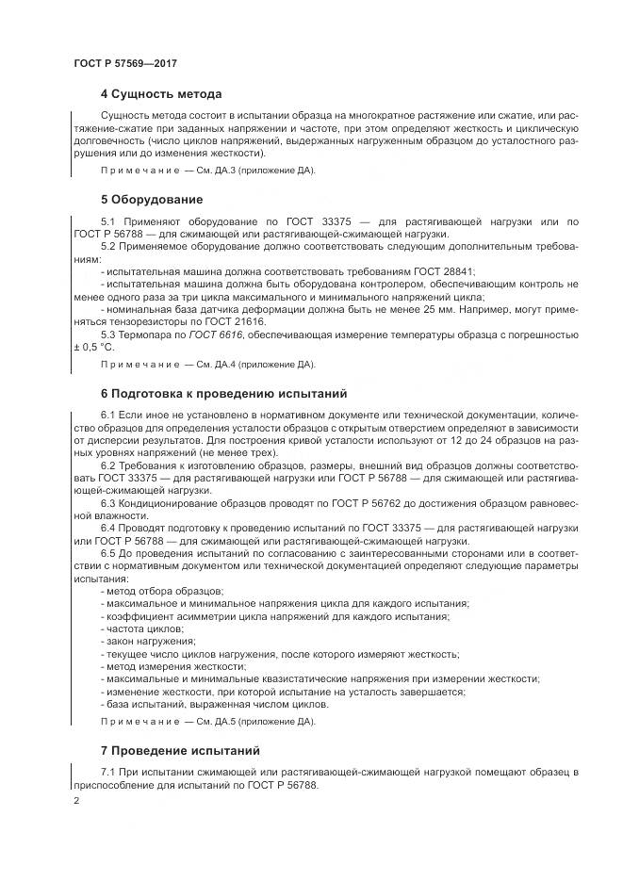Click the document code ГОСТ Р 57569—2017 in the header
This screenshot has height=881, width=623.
pos(124,62)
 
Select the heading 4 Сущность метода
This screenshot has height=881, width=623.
pos(160,94)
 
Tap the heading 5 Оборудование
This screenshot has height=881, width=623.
pos(151,200)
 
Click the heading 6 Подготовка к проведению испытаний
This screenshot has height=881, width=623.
pos(224,393)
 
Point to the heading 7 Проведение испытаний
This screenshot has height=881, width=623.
pos(179,751)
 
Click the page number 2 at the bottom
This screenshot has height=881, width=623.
pos(76,801)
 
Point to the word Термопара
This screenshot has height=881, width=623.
pos(146,334)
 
